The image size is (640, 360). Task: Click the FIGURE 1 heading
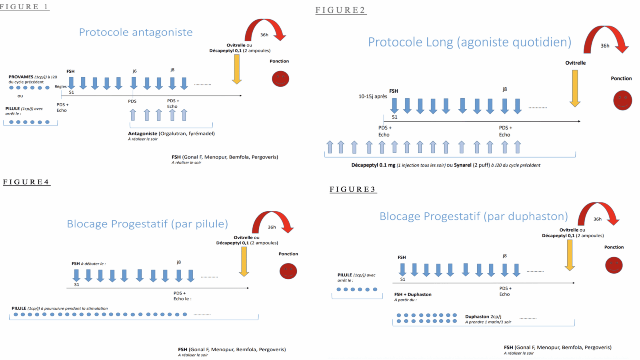point(24,7)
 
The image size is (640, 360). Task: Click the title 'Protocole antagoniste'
point(136,32)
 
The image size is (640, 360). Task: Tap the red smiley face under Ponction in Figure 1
point(280,79)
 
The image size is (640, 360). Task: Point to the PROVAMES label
point(21,77)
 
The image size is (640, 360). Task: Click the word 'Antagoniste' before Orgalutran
point(142,134)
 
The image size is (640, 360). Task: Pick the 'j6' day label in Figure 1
point(134,71)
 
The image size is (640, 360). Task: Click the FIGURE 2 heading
point(340,10)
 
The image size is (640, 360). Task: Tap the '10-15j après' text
point(372,96)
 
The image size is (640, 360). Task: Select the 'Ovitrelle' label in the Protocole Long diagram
point(575,63)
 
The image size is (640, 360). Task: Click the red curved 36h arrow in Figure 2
point(606,38)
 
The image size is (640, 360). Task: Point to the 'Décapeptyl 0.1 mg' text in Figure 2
point(373,165)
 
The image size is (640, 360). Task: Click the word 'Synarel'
point(462,165)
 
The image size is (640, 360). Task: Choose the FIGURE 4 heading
point(26,182)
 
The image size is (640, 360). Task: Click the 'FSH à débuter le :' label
point(88,264)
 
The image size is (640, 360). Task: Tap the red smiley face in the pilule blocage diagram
point(288,271)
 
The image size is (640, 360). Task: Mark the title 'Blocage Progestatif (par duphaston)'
point(474,216)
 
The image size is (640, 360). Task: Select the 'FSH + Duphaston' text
point(413,294)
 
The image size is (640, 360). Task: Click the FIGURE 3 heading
point(353,190)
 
